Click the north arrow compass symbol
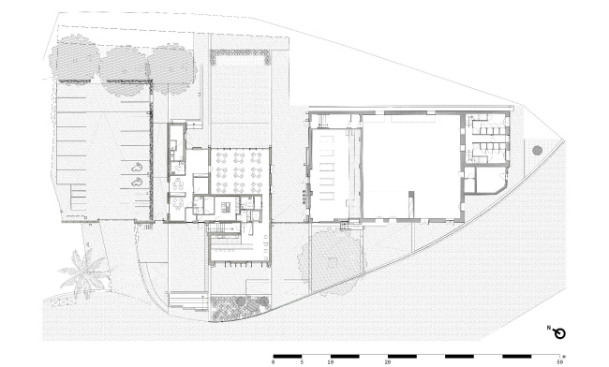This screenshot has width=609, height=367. [x=559, y=333]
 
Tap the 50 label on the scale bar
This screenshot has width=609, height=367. [x=559, y=362]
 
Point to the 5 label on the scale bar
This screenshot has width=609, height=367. [x=302, y=362]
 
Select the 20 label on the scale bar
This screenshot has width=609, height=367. [x=388, y=362]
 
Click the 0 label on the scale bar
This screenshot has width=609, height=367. [x=273, y=362]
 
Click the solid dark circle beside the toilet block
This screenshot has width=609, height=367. [x=538, y=151]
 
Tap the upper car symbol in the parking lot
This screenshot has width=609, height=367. [x=137, y=168]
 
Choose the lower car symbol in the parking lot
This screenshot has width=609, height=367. [x=137, y=182]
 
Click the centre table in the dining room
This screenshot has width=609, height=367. [x=239, y=172]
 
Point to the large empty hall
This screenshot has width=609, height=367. [x=411, y=166]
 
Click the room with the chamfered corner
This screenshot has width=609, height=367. [x=491, y=180]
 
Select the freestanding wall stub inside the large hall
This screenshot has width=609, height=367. [x=411, y=204]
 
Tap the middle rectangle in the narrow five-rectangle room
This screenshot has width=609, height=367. [x=327, y=168]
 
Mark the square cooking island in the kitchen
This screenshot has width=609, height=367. [x=226, y=207]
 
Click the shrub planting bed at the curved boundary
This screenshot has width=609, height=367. [x=240, y=308]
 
